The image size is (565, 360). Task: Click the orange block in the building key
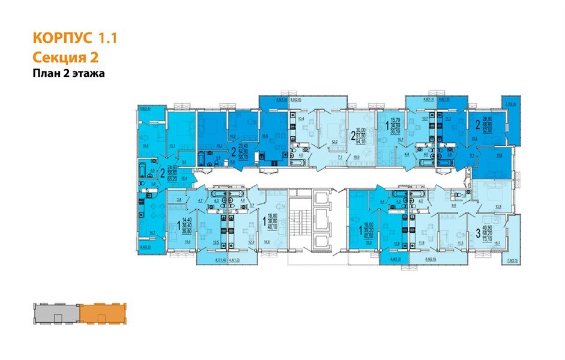tap(102, 314)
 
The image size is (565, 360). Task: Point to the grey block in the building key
tap(55, 314)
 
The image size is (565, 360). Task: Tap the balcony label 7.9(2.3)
tap(512, 260)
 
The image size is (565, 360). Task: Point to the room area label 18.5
tap(265, 136)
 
